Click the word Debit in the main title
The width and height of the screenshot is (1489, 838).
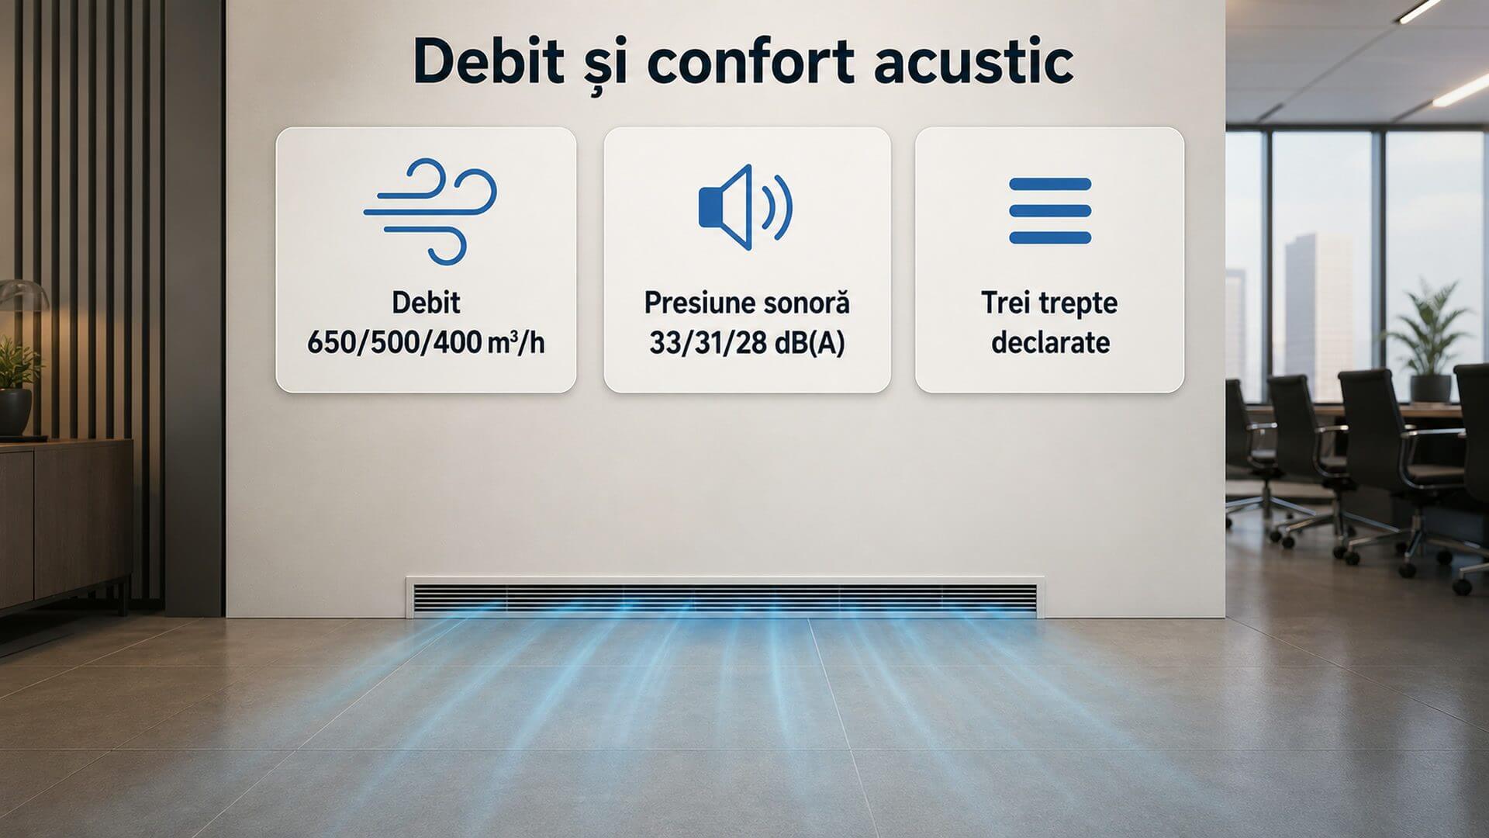pos(489,60)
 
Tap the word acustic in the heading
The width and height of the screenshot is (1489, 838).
pos(973,60)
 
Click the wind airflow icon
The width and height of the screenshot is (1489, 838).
pos(430,211)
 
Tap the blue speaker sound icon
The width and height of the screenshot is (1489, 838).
pos(745,207)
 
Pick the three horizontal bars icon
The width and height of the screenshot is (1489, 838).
pos(1050,211)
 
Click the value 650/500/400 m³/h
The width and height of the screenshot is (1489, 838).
pos(426,342)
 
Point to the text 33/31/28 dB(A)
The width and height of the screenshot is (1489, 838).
pos(746,342)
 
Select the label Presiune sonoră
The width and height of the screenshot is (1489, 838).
pos(747,303)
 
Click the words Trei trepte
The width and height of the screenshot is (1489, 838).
pos(1049,303)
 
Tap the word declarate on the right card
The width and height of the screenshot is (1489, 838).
pos(1050,342)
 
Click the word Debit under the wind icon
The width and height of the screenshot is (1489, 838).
pos(426,303)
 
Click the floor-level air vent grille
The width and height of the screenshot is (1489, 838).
pos(724,597)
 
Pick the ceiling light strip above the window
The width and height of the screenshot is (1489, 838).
pos(1460,92)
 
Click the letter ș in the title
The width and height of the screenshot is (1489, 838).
pos(605,66)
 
